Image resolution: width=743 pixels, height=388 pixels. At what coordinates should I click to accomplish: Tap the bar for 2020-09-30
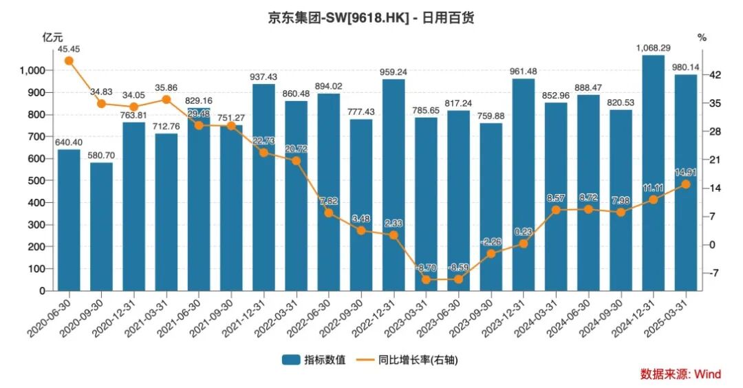(x=101, y=226)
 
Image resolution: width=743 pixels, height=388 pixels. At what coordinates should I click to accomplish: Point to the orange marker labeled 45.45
(x=69, y=61)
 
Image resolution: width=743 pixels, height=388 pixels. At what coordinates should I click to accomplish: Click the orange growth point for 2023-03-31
(x=426, y=279)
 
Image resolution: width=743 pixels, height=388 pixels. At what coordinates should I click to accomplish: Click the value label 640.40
(x=69, y=142)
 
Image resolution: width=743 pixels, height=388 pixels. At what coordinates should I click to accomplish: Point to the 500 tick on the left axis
(x=35, y=180)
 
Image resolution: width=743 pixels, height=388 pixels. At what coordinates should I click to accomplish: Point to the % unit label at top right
(x=702, y=38)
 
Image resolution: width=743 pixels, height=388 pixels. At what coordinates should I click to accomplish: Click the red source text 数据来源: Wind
(x=680, y=374)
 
